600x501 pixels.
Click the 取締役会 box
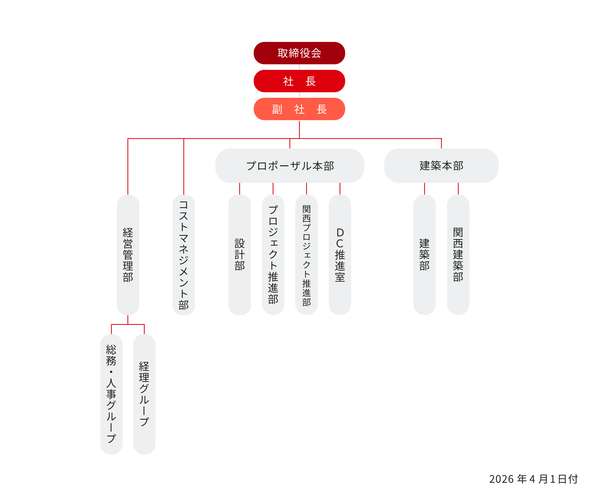299,53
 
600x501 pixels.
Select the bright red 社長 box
299,81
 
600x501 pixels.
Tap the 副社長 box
299,109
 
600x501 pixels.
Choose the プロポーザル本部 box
289,166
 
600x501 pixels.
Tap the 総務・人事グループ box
111,394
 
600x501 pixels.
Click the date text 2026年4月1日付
534,479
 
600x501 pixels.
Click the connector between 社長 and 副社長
299,95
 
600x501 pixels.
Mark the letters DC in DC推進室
340,238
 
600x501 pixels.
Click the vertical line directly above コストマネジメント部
184,166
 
